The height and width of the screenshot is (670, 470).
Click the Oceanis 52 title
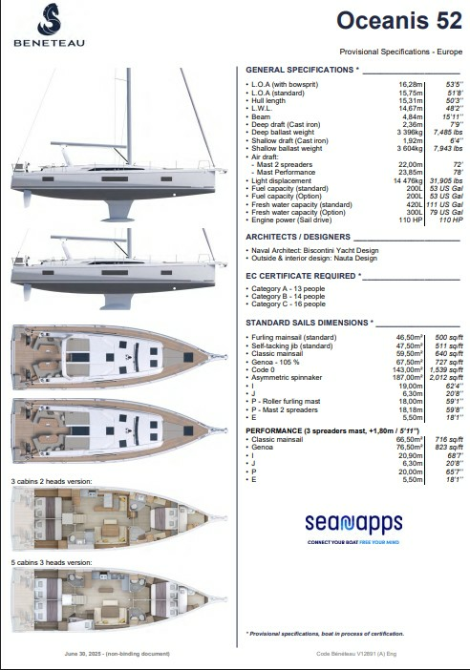click(x=394, y=21)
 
